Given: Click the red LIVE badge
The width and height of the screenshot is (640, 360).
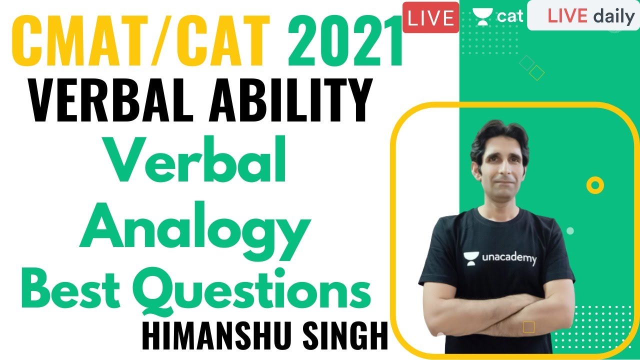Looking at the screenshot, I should (430, 17).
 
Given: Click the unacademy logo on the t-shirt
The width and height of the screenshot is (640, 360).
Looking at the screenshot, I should (499, 258).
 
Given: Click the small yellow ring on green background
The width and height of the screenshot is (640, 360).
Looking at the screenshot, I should (594, 186).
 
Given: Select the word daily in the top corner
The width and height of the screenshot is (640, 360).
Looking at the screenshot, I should (614, 16).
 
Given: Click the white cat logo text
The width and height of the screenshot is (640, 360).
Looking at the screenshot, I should (509, 16).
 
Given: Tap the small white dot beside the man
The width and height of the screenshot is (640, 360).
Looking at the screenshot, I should (570, 231).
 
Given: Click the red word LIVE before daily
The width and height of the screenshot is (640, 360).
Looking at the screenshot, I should (567, 16).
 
